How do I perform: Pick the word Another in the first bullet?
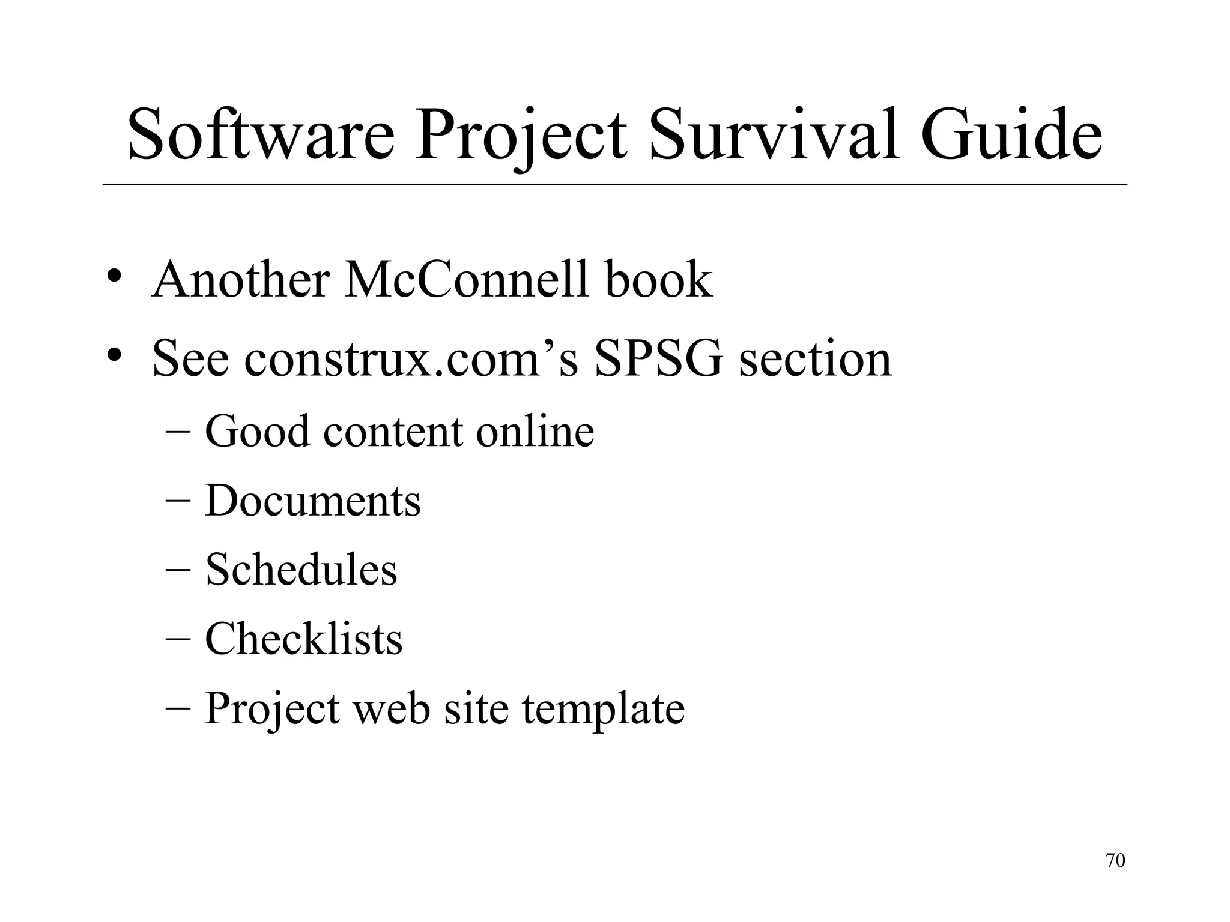point(241,280)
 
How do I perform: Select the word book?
point(659,280)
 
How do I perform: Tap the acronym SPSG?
point(659,359)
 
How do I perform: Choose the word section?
point(815,359)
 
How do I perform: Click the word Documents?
point(313,501)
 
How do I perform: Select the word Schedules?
point(301,569)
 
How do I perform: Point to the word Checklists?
point(303,639)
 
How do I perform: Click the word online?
point(535,431)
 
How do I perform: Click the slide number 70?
point(1115,861)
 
